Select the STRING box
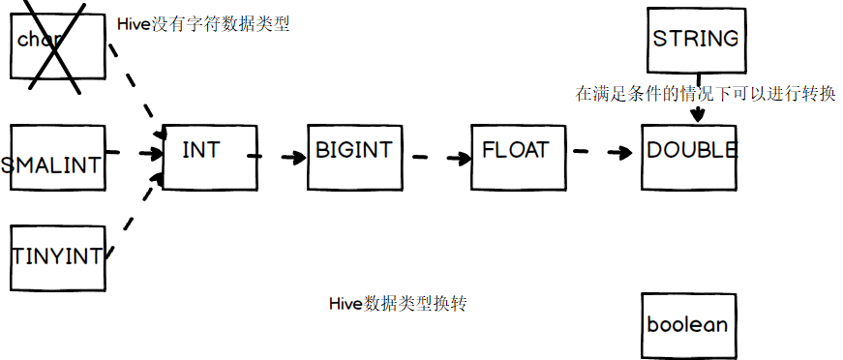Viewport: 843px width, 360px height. click(x=695, y=41)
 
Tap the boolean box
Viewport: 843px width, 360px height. click(x=687, y=324)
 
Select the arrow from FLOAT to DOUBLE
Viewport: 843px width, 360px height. click(x=603, y=153)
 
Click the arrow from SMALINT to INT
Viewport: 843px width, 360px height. click(x=134, y=153)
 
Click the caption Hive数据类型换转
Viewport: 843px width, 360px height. click(x=398, y=304)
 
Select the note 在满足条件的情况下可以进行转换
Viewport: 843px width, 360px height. click(x=706, y=94)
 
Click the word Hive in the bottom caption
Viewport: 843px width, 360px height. click(x=345, y=304)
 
